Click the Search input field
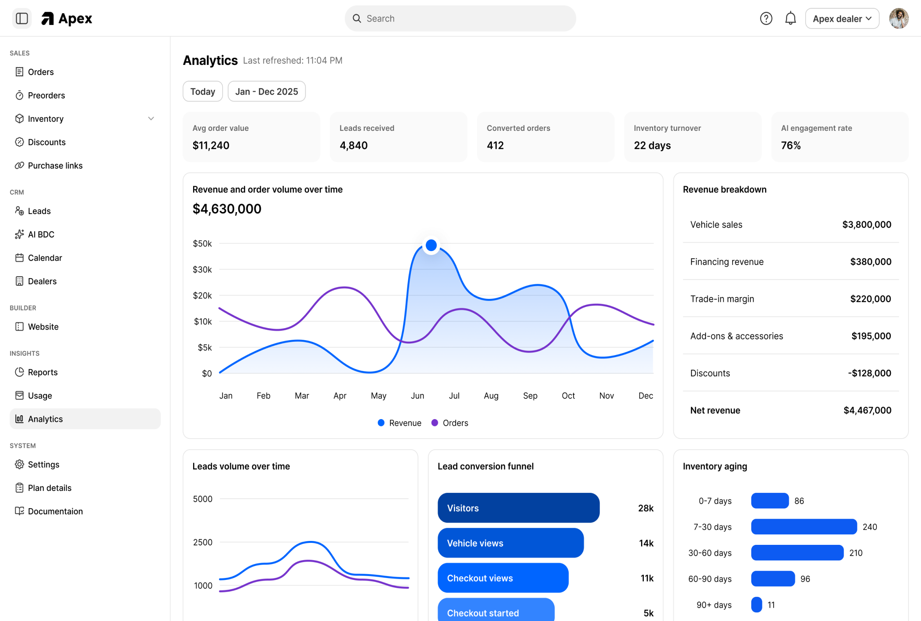(x=460, y=19)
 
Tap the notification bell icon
(x=790, y=19)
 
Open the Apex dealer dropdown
(x=842, y=19)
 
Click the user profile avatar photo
(x=898, y=19)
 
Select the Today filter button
(x=202, y=91)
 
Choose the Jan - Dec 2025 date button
(x=266, y=91)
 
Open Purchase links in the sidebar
(x=55, y=166)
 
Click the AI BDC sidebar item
(x=41, y=234)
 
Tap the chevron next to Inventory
(x=151, y=119)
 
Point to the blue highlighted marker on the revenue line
(x=431, y=246)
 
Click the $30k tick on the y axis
(x=202, y=270)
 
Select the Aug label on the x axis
(x=491, y=396)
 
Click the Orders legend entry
(x=450, y=423)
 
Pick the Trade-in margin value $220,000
(x=870, y=299)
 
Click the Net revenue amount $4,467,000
(x=867, y=410)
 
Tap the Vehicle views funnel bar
(x=510, y=543)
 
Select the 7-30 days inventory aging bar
(x=804, y=527)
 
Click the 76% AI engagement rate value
(x=790, y=145)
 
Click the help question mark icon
(x=766, y=19)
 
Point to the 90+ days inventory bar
(x=756, y=605)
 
